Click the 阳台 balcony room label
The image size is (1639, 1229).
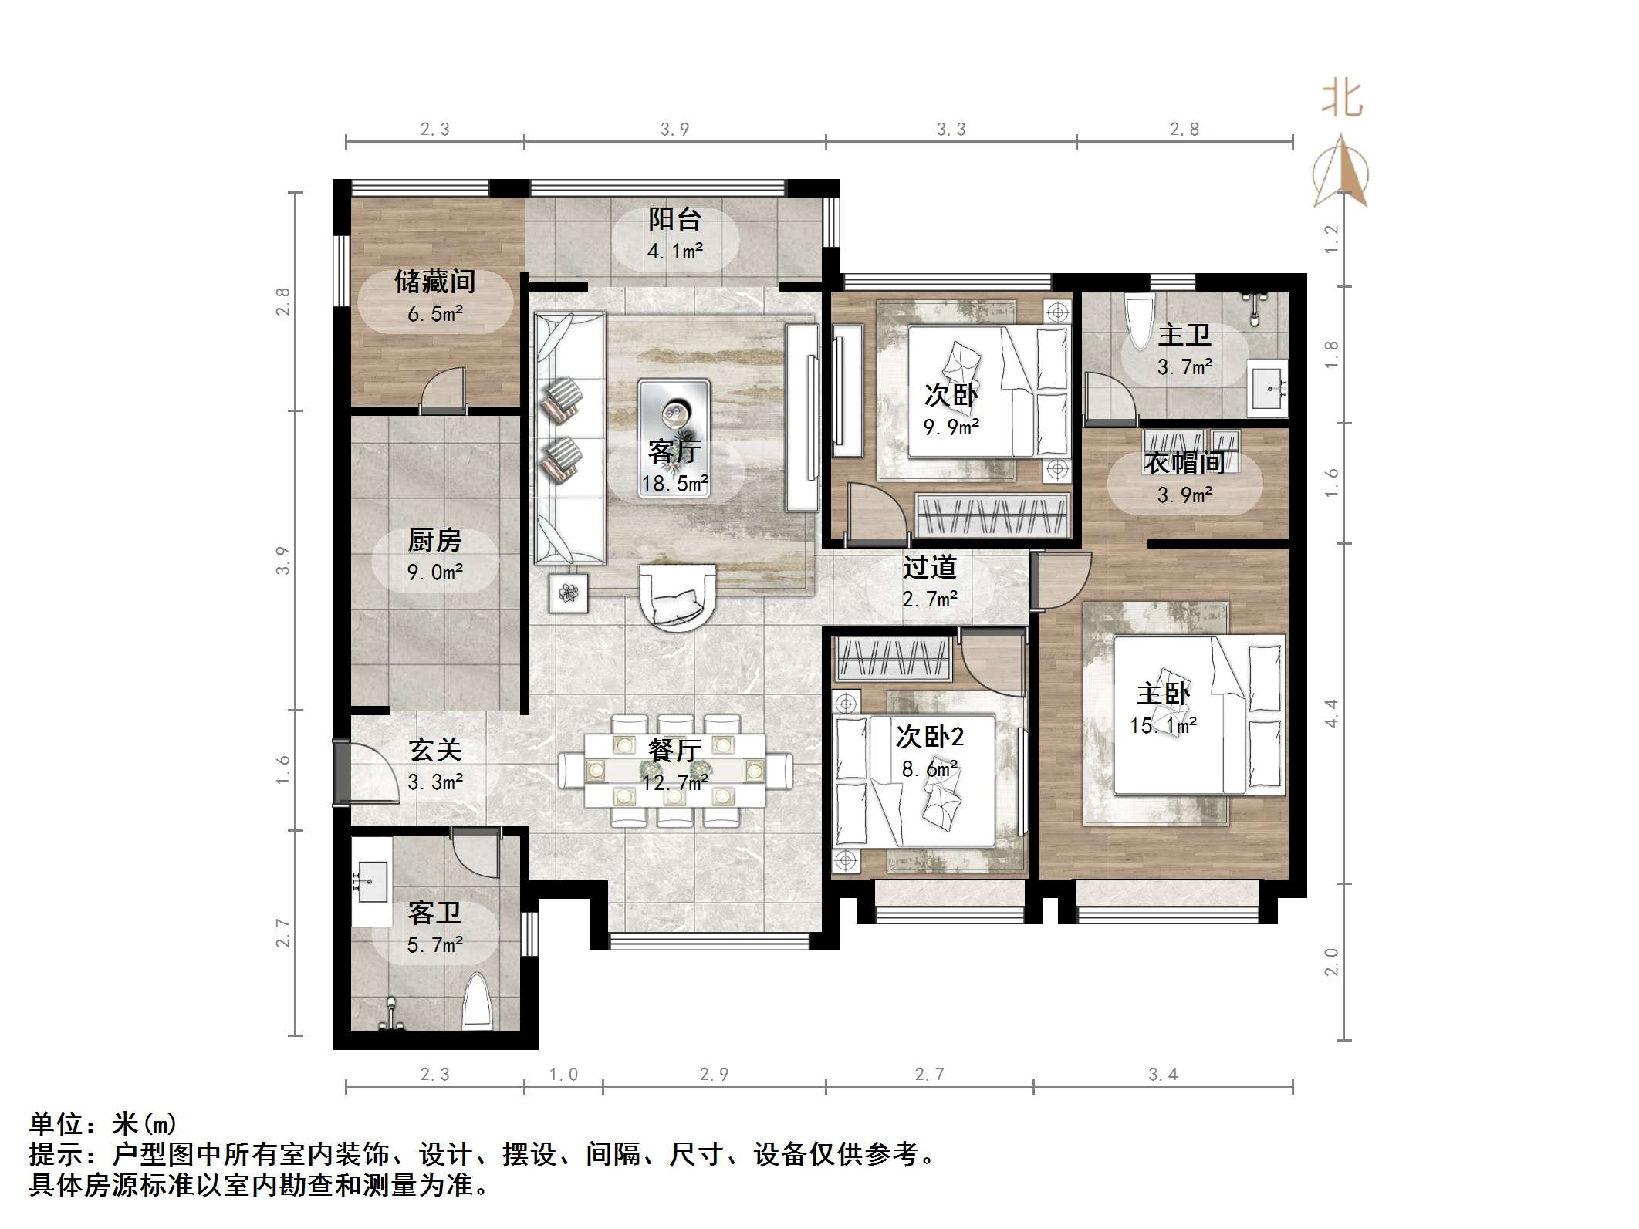click(674, 220)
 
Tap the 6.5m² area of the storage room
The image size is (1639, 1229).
click(434, 314)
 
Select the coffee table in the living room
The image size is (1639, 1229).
click(674, 436)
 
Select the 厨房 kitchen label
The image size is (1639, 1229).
click(434, 540)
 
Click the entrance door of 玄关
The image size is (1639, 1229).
click(342, 773)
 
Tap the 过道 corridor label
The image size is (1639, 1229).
click(929, 568)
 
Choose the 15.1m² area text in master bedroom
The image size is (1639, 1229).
click(1163, 725)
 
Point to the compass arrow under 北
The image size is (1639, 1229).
click(1341, 174)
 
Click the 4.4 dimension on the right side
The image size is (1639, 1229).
click(1331, 713)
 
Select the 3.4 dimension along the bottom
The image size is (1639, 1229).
click(1163, 1074)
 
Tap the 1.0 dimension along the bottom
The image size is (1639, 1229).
click(563, 1074)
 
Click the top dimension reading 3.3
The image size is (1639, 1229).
click(951, 129)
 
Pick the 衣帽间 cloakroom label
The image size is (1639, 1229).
click(1184, 463)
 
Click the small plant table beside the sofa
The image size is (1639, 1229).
click(569, 593)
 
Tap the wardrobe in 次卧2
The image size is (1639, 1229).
click(894, 659)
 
